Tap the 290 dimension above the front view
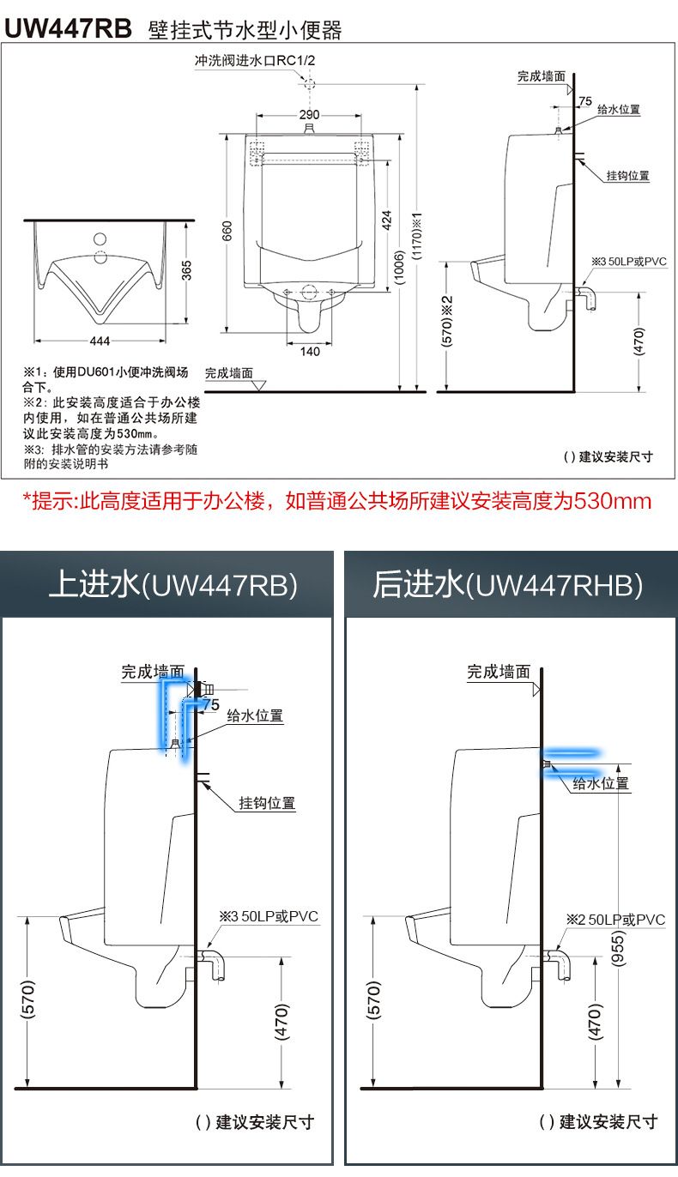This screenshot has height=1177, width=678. tap(309, 114)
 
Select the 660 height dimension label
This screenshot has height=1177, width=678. tap(227, 231)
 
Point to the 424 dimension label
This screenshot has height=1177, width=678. tap(386, 220)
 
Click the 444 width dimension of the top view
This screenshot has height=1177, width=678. tap(100, 341)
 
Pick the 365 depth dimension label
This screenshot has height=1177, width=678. tap(186, 270)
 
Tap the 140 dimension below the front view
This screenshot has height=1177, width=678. tap(310, 351)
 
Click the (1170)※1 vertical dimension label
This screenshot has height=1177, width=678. tap(417, 236)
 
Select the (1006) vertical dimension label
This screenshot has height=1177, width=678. tap(399, 268)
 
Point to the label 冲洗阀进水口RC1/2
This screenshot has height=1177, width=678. tap(255, 60)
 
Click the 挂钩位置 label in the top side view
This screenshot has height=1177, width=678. tap(627, 176)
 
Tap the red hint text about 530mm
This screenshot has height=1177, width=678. tap(336, 501)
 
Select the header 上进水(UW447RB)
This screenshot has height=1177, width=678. tap(173, 585)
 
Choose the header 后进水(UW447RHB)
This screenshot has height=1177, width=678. tap(508, 585)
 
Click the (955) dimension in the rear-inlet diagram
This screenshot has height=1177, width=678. tap(618, 948)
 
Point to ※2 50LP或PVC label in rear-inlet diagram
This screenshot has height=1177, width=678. tap(615, 920)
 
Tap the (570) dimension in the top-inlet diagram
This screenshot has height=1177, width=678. tap(27, 999)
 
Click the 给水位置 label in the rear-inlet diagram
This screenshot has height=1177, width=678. tap(601, 783)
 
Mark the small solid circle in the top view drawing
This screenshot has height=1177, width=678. tap(100, 239)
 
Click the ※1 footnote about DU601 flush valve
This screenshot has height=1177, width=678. tap(105, 379)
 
